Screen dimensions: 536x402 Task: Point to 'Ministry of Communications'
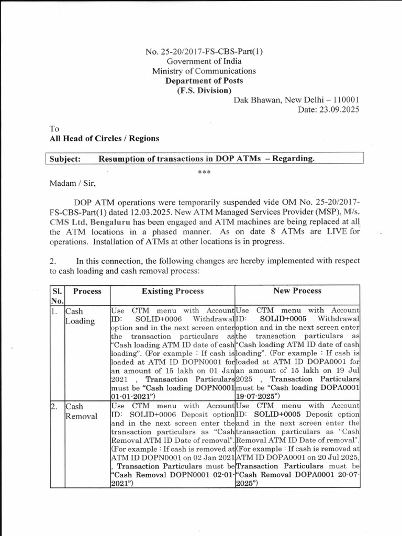tap(204, 71)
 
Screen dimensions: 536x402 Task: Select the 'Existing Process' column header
tap(173, 291)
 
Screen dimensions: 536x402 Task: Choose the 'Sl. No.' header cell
tap(56, 295)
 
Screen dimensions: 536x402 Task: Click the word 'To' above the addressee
tap(54, 129)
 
